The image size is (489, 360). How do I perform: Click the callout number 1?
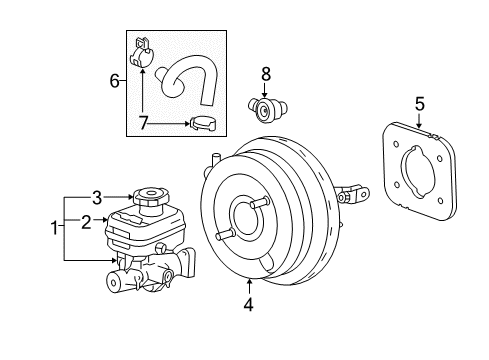tap(55, 228)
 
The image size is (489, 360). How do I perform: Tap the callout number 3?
tap(98, 196)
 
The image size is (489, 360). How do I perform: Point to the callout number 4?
tap(248, 306)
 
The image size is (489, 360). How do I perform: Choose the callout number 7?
tap(142, 124)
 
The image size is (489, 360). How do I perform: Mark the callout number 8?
tap(265, 73)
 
